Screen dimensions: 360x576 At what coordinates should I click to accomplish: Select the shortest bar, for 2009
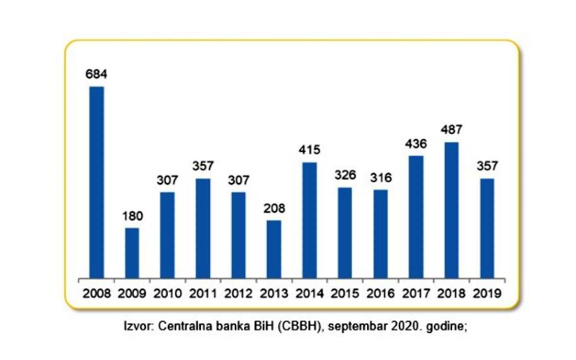132,252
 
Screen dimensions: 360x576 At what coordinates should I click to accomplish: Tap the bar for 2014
310,220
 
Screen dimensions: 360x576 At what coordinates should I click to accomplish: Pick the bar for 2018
451,210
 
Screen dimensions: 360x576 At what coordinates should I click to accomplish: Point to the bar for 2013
274,248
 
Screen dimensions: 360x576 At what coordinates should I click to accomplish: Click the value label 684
96,73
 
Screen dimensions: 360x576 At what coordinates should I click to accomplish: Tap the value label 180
132,215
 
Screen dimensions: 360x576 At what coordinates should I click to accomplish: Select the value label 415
310,150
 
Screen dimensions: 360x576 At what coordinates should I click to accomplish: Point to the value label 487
451,130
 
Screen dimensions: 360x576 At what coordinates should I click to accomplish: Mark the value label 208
274,208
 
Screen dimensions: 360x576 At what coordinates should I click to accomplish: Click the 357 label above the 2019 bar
487,166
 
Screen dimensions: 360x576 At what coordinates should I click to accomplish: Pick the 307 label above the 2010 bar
167,179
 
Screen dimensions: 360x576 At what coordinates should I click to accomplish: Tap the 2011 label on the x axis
203,294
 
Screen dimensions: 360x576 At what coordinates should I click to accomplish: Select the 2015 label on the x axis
345,294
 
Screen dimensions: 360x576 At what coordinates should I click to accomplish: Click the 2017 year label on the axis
416,294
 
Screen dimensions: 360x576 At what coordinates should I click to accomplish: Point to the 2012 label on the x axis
238,294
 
